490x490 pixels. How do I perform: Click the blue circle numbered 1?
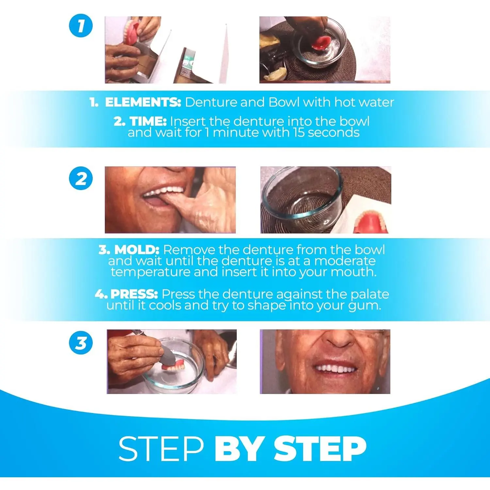[x=81, y=25]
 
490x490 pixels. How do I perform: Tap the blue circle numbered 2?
[x=81, y=179]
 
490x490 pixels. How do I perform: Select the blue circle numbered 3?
[x=81, y=343]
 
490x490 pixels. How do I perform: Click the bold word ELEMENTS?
[x=143, y=102]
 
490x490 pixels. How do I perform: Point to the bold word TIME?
[x=148, y=122]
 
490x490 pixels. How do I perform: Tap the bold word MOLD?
[x=137, y=250]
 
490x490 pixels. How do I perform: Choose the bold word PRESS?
[x=134, y=294]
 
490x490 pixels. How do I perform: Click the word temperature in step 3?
[x=150, y=272]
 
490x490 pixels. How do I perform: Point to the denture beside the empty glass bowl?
[x=371, y=222]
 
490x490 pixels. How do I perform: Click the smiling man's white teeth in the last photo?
[x=335, y=368]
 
